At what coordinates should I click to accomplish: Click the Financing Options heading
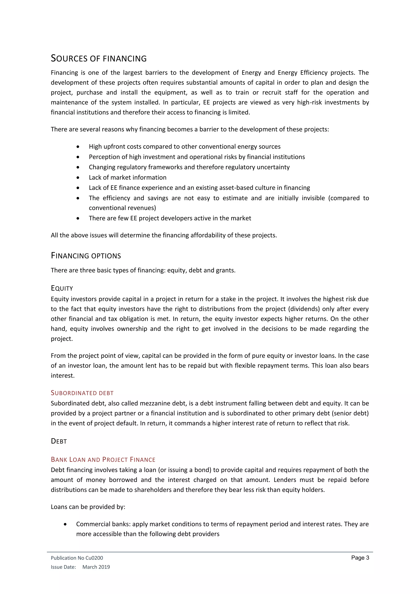click(x=86, y=256)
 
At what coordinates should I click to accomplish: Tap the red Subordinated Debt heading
click(x=82, y=393)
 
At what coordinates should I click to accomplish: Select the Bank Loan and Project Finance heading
click(x=103, y=459)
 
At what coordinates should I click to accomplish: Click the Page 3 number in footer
click(x=360, y=557)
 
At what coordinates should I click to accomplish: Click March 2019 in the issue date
click(x=96, y=567)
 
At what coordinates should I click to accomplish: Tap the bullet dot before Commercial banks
click(x=65, y=524)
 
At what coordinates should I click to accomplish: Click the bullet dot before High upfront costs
click(x=78, y=147)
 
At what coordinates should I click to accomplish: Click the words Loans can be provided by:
click(x=88, y=507)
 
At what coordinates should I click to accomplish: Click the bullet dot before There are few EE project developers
click(x=78, y=218)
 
